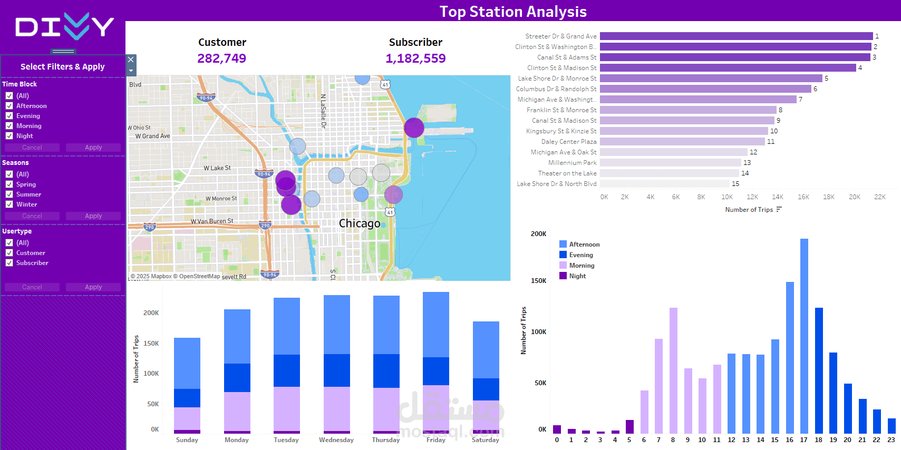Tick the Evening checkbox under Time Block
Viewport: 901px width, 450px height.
click(x=9, y=116)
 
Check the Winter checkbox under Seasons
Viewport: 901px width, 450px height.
click(x=9, y=204)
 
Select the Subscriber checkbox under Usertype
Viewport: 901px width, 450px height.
click(x=9, y=263)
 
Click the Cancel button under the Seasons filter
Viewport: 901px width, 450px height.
click(x=32, y=216)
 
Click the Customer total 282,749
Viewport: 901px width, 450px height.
click(x=221, y=58)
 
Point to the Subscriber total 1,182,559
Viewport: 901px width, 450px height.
click(x=415, y=58)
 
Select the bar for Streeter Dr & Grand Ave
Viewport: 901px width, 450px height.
click(x=736, y=36)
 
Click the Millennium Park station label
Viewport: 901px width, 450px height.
click(x=572, y=163)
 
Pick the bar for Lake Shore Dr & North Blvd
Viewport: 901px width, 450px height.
click(x=664, y=184)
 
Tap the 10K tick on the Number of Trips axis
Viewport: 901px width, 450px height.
click(x=726, y=197)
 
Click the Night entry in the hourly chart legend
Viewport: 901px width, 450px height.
click(x=577, y=276)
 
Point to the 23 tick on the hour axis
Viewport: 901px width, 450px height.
click(x=891, y=439)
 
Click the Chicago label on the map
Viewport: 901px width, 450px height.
click(x=360, y=223)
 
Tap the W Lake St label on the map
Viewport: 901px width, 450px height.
click(x=217, y=168)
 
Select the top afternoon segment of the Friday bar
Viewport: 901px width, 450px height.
click(x=436, y=325)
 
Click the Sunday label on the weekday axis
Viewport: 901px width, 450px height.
click(x=187, y=440)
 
